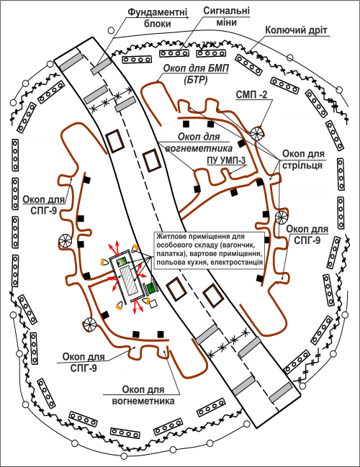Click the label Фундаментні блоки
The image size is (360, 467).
click(x=158, y=17)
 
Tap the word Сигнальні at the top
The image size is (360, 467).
click(x=227, y=11)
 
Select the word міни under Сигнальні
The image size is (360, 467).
click(x=226, y=22)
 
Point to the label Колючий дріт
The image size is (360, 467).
click(x=296, y=30)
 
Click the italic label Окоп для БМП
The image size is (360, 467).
click(x=196, y=69)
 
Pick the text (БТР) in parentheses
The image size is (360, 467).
click(x=196, y=80)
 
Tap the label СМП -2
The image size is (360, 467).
click(x=251, y=94)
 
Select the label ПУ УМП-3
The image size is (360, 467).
click(x=227, y=161)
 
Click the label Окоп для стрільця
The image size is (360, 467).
click(x=303, y=160)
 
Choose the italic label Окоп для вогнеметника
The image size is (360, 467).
click(x=199, y=142)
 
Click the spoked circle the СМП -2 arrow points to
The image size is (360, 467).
click(x=257, y=133)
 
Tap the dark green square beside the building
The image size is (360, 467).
click(x=150, y=289)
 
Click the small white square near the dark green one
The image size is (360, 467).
click(x=153, y=304)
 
